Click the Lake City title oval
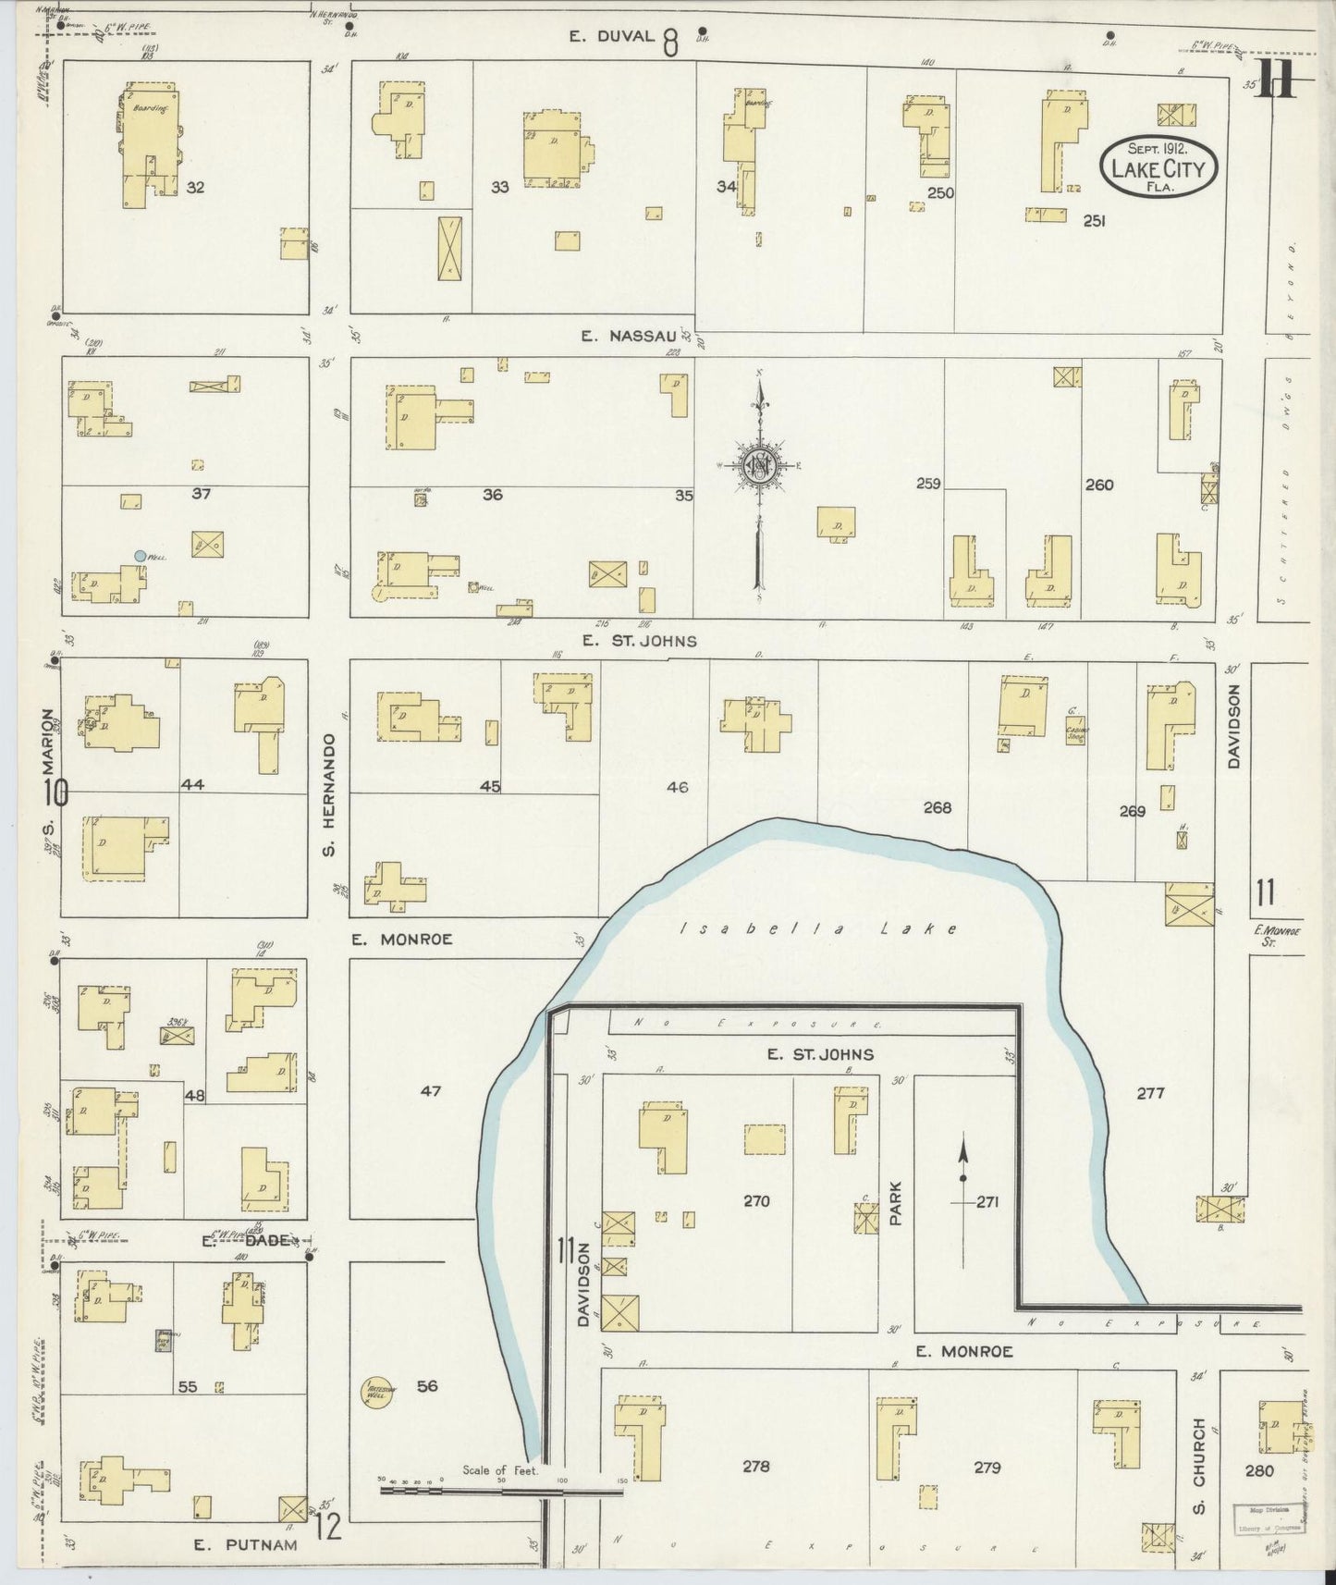pyautogui.click(x=1158, y=166)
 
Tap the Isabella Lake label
pyautogui.click(x=818, y=928)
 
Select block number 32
pyautogui.click(x=195, y=187)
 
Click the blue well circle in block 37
pyautogui.click(x=140, y=556)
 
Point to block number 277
pyautogui.click(x=1150, y=1093)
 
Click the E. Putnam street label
pyautogui.click(x=246, y=1544)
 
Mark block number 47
pyautogui.click(x=431, y=1091)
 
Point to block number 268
pyautogui.click(x=937, y=807)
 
